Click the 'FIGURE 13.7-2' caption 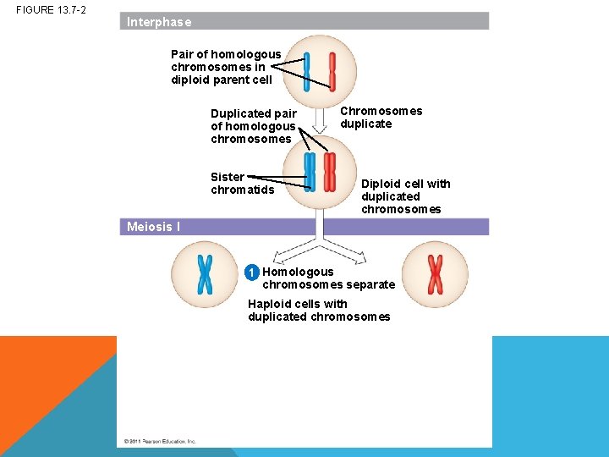coord(51,9)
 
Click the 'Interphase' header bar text coord(159,22)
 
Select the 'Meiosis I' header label coord(153,227)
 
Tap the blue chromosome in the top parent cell coord(307,72)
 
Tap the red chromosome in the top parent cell coord(332,72)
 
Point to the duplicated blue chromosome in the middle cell coord(310,172)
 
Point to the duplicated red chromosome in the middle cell coord(330,172)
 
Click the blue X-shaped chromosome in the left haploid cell coord(205,274)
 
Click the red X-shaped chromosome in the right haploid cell coord(435,274)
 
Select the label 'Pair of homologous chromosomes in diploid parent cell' coord(226,67)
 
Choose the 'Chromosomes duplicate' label coord(381,118)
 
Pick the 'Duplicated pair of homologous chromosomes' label coord(254,126)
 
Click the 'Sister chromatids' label coord(242,183)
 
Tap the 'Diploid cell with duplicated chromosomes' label coord(405,196)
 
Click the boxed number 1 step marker coord(251,273)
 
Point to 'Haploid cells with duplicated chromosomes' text coord(319,310)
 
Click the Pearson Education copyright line coord(160,441)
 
